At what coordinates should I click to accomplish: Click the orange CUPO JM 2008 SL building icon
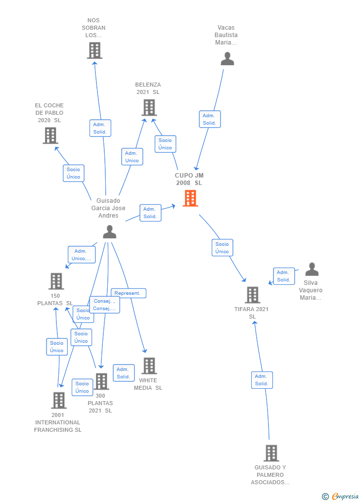pos(190,198)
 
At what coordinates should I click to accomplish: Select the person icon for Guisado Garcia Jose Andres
pos(109,231)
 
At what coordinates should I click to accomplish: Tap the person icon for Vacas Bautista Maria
pos(227,59)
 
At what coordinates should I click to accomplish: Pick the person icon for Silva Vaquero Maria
pos(312,270)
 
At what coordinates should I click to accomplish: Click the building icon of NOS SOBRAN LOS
pos(94,50)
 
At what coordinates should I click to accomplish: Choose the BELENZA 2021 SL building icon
pos(149,107)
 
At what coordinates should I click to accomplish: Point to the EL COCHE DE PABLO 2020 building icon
pos(50,135)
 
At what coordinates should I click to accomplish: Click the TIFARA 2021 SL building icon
pos(252,295)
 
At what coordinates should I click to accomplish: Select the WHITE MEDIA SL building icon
pos(149,365)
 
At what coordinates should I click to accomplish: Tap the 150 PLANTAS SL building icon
pos(56,281)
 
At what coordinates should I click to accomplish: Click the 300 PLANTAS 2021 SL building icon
pos(101,381)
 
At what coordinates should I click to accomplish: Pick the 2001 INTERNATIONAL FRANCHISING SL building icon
pos(58,400)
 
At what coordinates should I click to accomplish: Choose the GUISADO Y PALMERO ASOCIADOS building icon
pos(271,453)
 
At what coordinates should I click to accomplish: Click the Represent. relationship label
pos(128,293)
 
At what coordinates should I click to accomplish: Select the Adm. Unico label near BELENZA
pos(132,157)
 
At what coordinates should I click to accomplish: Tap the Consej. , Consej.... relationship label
pos(104,305)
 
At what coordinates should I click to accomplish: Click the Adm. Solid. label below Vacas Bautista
pos(209,119)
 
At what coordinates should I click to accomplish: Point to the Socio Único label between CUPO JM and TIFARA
pos(222,248)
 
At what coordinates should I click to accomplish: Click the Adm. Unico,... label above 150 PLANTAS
pos(82,255)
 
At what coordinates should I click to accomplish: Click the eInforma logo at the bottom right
pos(341,496)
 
